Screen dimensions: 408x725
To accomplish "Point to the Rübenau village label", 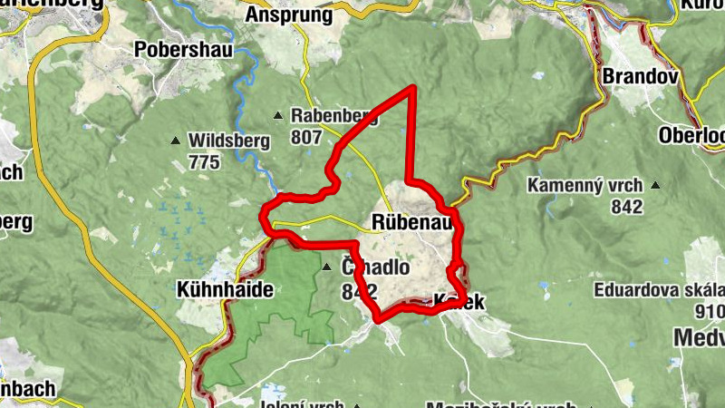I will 412,222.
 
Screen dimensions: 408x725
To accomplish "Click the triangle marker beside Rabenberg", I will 279,115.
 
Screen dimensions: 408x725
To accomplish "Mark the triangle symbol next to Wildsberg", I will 175,141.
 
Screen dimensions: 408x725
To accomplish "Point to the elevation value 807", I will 307,137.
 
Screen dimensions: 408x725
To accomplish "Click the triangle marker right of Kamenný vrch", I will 654,186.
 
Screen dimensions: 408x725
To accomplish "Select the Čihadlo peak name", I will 375,268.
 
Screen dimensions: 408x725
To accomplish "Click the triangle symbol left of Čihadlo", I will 327,267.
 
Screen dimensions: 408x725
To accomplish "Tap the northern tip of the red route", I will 414,86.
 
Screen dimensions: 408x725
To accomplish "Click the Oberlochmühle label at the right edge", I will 693,135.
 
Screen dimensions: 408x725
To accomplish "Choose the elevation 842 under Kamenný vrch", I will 625,207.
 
